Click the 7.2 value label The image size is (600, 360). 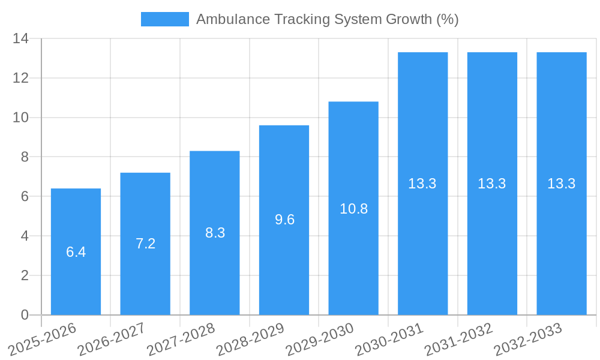(145, 244)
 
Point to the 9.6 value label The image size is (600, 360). (284, 220)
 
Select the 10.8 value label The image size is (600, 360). (353, 209)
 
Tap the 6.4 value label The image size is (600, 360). (76, 252)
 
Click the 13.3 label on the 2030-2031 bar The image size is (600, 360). (422, 184)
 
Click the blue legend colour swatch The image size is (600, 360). (164, 19)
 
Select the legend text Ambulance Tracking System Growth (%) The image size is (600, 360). (327, 19)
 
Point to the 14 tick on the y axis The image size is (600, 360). (21, 38)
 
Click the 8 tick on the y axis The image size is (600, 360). (24, 157)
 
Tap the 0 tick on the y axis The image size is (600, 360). (25, 315)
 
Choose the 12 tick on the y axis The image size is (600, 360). (21, 78)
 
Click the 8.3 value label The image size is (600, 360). (215, 233)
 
